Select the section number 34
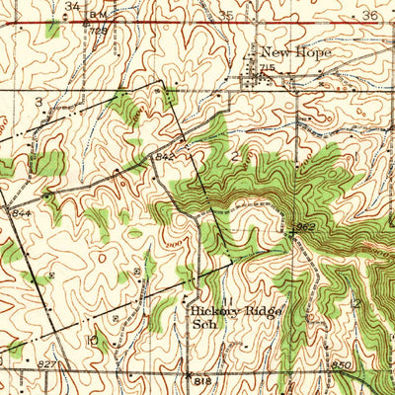pyautogui.click(x=72, y=6)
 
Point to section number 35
pyautogui.click(x=226, y=15)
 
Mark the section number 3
pyautogui.click(x=39, y=102)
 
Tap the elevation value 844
pyautogui.click(x=22, y=212)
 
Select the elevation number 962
pyautogui.click(x=304, y=227)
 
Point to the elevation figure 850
pyautogui.click(x=342, y=365)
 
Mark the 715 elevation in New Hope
pyautogui.click(x=266, y=66)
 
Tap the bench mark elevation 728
pyautogui.click(x=96, y=31)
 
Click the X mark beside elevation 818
pyautogui.click(x=188, y=374)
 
